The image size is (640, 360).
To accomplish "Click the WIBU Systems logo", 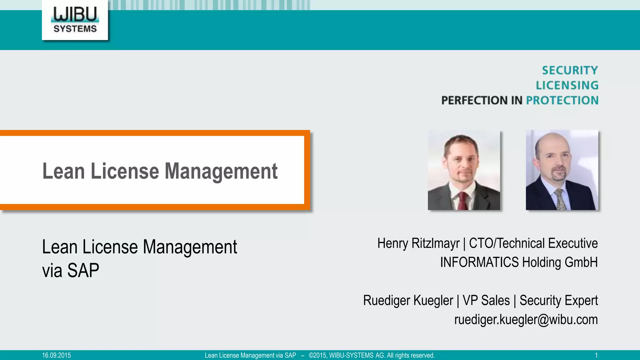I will tap(75, 20).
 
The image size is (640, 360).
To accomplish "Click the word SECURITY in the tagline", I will tap(570, 70).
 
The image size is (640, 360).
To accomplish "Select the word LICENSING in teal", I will tap(567, 85).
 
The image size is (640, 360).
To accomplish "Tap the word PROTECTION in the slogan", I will tap(562, 100).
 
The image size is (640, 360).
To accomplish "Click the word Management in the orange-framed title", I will tap(221, 171).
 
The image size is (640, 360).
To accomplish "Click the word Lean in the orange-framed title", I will tap(63, 171).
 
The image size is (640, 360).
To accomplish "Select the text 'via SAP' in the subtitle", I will tap(71, 270).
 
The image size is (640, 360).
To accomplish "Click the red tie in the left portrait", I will tap(463, 202).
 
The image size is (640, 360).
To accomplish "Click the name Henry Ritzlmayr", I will tap(418, 243).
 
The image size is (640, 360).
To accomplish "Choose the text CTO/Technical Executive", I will tap(533, 243).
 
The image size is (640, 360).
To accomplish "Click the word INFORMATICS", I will tap(479, 262).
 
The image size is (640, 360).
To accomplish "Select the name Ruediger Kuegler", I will tap(408, 300).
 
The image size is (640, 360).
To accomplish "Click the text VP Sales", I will tap(486, 300).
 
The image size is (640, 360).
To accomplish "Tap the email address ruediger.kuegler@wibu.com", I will tap(526, 319).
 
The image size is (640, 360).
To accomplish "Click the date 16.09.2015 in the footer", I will tap(57, 355).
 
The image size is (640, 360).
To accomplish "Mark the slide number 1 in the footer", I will tap(596, 355).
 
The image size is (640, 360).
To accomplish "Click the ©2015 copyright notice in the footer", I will tap(372, 355).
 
